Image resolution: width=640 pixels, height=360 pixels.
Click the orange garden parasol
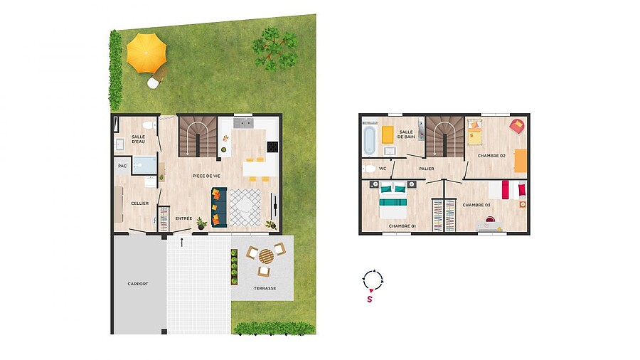146,53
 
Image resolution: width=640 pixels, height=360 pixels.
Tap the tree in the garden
274,48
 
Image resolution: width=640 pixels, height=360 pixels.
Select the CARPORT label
138,284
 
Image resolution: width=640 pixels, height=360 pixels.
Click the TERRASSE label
265,288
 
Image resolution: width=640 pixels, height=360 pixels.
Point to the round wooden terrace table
266,257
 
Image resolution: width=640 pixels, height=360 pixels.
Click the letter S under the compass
370,300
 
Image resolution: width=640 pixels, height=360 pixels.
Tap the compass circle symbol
373,280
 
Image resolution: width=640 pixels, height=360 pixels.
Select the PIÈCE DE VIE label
206,176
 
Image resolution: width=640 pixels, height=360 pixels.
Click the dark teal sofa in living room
219,207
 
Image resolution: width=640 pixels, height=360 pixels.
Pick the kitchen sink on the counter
243,123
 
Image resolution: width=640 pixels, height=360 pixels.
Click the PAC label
122,166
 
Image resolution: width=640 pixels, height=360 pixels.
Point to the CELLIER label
139,203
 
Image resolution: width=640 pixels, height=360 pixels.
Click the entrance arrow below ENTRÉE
182,243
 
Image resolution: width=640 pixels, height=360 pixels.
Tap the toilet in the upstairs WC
370,169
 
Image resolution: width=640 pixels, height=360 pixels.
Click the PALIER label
427,169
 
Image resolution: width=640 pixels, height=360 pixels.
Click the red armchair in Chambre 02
517,126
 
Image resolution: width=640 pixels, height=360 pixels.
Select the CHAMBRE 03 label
476,205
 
